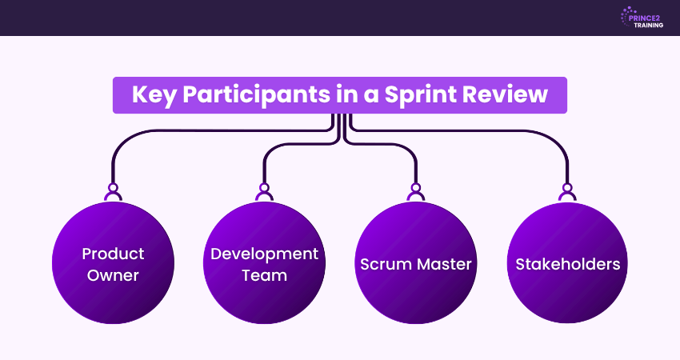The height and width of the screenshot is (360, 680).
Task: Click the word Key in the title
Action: click(154, 95)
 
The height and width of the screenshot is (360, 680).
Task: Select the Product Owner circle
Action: click(113, 263)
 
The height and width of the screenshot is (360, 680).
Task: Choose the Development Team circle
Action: click(264, 263)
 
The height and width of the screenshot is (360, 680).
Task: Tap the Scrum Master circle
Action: click(415, 263)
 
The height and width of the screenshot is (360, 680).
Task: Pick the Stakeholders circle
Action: click(567, 263)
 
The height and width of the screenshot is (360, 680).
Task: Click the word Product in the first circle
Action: click(113, 254)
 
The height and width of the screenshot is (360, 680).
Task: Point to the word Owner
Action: click(113, 275)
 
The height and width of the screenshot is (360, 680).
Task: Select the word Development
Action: click(264, 254)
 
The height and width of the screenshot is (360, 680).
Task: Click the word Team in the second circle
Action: click(264, 275)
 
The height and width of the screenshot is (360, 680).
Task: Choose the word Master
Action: click(445, 264)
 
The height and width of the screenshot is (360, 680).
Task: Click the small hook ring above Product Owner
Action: click(113, 192)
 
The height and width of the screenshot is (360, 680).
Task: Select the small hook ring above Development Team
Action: click(264, 192)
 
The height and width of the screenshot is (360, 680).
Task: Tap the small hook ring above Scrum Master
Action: click(415, 192)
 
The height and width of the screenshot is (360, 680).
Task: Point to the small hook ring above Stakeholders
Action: click(567, 192)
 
